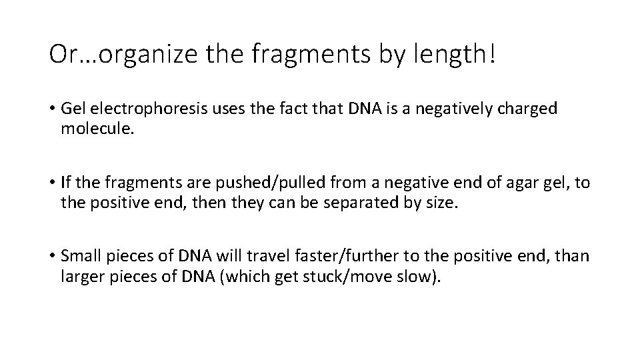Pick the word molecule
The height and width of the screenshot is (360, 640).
(x=97, y=127)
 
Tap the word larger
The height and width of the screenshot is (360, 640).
(x=80, y=275)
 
